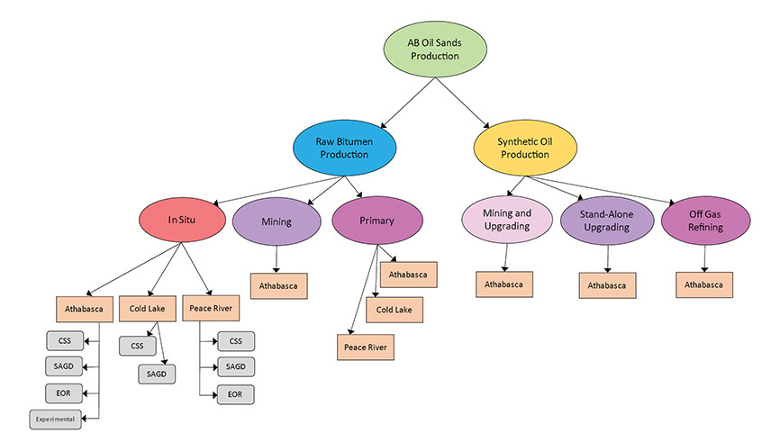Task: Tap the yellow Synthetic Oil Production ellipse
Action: coord(524,147)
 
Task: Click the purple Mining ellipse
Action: coord(275,221)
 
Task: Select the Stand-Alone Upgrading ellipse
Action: coord(605,221)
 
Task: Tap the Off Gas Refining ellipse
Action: coord(704,221)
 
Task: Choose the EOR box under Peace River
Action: coord(235,393)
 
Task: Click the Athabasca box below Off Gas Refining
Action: coord(704,284)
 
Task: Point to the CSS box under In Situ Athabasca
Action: coord(64,340)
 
